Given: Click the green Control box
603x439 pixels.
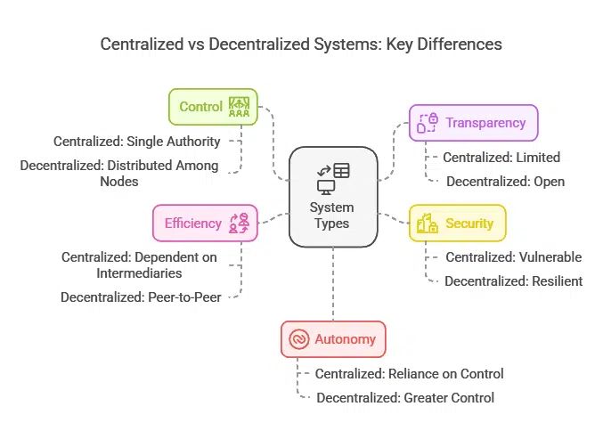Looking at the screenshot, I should tap(213, 107).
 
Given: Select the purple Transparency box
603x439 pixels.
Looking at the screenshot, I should tap(473, 123).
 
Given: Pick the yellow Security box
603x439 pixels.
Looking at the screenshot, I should tap(457, 224).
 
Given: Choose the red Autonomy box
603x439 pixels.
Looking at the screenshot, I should tap(333, 339).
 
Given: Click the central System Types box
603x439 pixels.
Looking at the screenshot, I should tap(332, 196).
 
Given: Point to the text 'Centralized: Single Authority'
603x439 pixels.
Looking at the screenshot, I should tap(136, 141).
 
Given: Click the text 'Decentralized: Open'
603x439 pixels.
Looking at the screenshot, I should tap(505, 182).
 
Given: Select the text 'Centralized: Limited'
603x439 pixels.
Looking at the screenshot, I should tap(501, 158).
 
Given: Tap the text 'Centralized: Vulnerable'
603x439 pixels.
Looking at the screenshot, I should tap(513, 257).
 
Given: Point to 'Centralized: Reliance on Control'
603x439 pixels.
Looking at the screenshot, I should tap(409, 374).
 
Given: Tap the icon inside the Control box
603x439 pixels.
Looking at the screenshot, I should tap(239, 107).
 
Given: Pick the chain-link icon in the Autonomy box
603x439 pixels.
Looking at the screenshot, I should tap(298, 339).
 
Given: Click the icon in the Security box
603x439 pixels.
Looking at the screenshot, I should tap(426, 224).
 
